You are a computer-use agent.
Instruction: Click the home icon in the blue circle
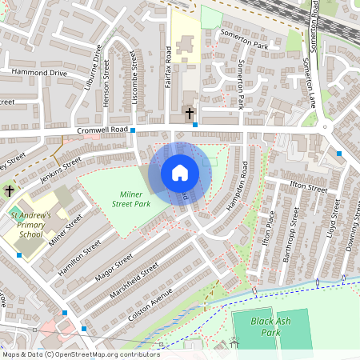pyautogui.click(x=180, y=173)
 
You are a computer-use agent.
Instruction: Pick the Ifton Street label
pyautogui.click(x=308, y=188)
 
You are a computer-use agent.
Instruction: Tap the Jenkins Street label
pyautogui.click(x=62, y=164)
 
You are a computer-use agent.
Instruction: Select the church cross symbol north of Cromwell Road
pyautogui.click(x=190, y=114)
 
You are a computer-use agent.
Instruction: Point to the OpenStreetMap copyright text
pyautogui.click(x=80, y=354)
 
